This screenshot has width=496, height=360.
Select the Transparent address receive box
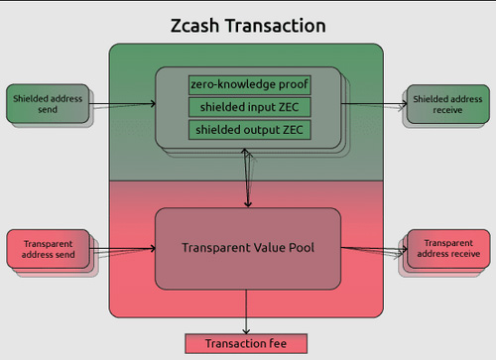(446, 247)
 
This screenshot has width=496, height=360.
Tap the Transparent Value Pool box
(248, 247)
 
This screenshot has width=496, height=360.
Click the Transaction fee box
(246, 343)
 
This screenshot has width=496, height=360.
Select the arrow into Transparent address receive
(372, 249)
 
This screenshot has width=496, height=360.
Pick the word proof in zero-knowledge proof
(282, 84)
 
